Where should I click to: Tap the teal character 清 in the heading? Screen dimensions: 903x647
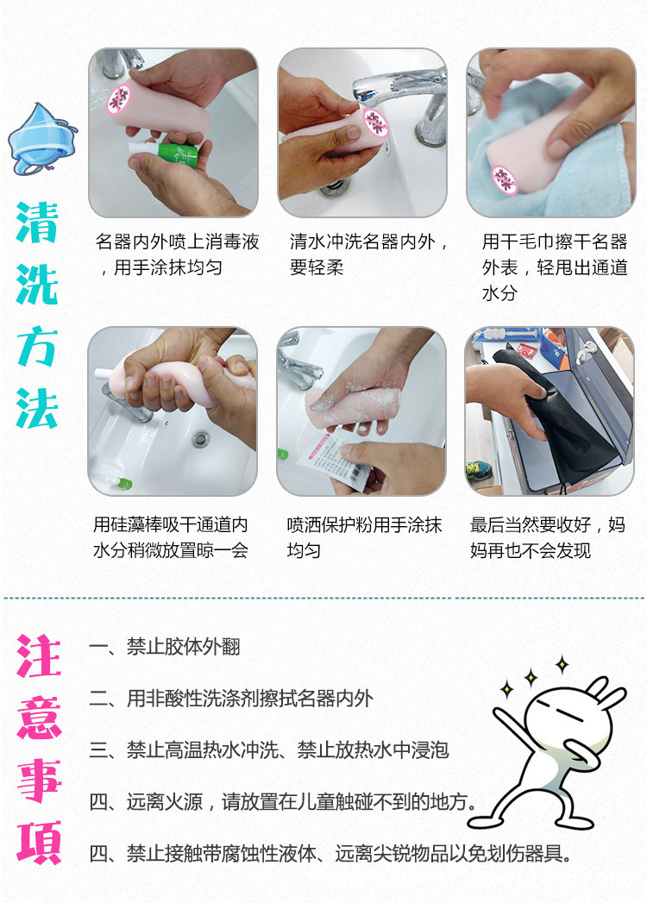pos(37,223)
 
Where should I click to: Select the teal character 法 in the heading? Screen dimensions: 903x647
pos(37,407)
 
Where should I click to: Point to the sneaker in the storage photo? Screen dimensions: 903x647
pos(480,471)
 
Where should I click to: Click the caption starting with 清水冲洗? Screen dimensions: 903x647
pos(369,254)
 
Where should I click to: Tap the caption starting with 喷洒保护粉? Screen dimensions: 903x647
pos(364,537)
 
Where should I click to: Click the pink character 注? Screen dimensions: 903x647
pos(39,657)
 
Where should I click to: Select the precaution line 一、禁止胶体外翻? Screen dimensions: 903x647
pos(165,647)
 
